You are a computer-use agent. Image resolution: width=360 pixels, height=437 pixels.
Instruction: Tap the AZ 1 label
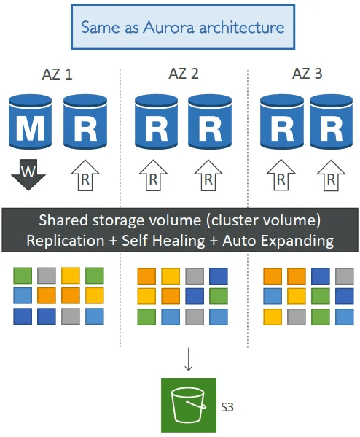click(x=57, y=74)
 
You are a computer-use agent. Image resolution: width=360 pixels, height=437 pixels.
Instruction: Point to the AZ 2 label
click(x=184, y=74)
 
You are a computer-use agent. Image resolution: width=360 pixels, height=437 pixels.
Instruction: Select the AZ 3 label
click(x=307, y=74)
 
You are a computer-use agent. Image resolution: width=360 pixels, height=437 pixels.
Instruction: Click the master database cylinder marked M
click(x=30, y=122)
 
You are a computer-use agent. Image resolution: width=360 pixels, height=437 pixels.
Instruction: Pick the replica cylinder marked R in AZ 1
click(x=85, y=122)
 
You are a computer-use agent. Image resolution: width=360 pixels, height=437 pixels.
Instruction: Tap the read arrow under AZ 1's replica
click(x=85, y=175)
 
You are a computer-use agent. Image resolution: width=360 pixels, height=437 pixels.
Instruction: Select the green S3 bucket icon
click(x=189, y=405)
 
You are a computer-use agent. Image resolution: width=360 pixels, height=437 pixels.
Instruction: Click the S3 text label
click(x=227, y=407)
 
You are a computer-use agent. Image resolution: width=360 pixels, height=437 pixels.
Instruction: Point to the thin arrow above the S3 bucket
click(x=189, y=359)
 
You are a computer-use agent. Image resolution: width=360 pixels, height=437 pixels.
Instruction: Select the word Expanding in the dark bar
click(x=297, y=241)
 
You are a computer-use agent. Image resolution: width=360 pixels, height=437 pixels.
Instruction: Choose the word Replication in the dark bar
click(x=66, y=241)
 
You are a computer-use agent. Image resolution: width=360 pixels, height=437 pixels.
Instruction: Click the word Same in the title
click(x=100, y=27)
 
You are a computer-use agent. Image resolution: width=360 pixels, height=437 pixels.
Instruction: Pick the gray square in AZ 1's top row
click(x=47, y=276)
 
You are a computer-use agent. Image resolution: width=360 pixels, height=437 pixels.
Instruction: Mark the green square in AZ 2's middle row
click(x=219, y=296)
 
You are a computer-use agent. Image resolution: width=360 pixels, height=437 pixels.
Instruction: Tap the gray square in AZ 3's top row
click(x=345, y=276)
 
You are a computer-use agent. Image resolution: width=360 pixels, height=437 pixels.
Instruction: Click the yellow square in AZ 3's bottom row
click(x=273, y=317)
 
